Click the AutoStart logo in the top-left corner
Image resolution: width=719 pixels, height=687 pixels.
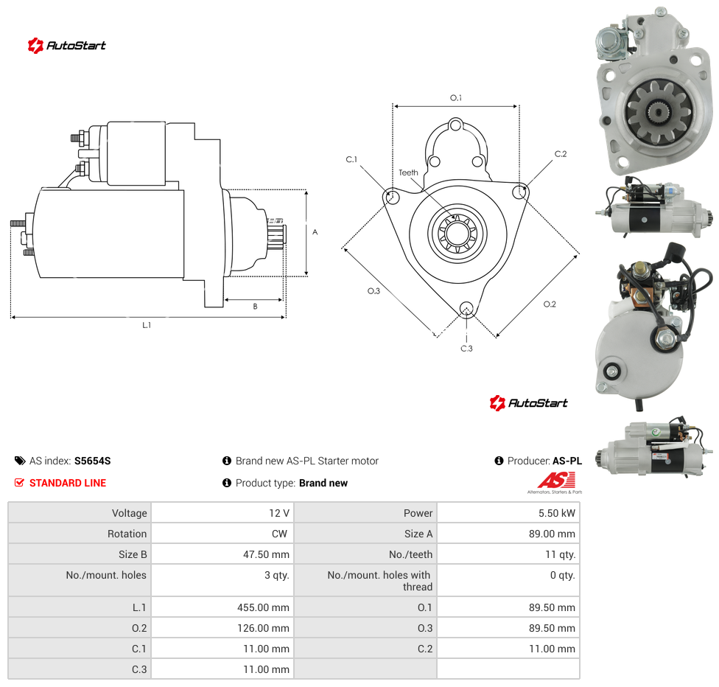[66, 45]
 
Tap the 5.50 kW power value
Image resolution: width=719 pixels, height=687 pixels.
[556, 513]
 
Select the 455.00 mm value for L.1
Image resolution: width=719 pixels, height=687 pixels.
[263, 607]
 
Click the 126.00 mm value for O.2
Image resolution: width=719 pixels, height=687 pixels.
[263, 628]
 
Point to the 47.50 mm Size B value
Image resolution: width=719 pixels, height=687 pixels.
[266, 554]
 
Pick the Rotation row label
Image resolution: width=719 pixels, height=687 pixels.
[127, 534]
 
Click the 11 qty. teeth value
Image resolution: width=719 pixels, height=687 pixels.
[561, 554]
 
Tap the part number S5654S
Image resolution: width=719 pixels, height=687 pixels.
[92, 461]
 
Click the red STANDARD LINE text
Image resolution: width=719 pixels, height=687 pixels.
[68, 483]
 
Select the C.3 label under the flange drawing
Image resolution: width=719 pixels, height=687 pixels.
[466, 349]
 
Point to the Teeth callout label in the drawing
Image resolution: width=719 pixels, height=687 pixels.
[408, 172]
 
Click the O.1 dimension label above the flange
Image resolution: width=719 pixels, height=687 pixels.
[456, 98]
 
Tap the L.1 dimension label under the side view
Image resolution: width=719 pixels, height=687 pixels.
[147, 325]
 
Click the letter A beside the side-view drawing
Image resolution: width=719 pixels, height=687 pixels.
[315, 232]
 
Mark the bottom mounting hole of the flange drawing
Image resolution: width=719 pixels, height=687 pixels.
[466, 309]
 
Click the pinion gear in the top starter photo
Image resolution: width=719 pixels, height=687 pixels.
[659, 112]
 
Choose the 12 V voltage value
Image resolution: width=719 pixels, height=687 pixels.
[278, 513]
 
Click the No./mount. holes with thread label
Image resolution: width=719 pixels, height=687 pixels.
[379, 581]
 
